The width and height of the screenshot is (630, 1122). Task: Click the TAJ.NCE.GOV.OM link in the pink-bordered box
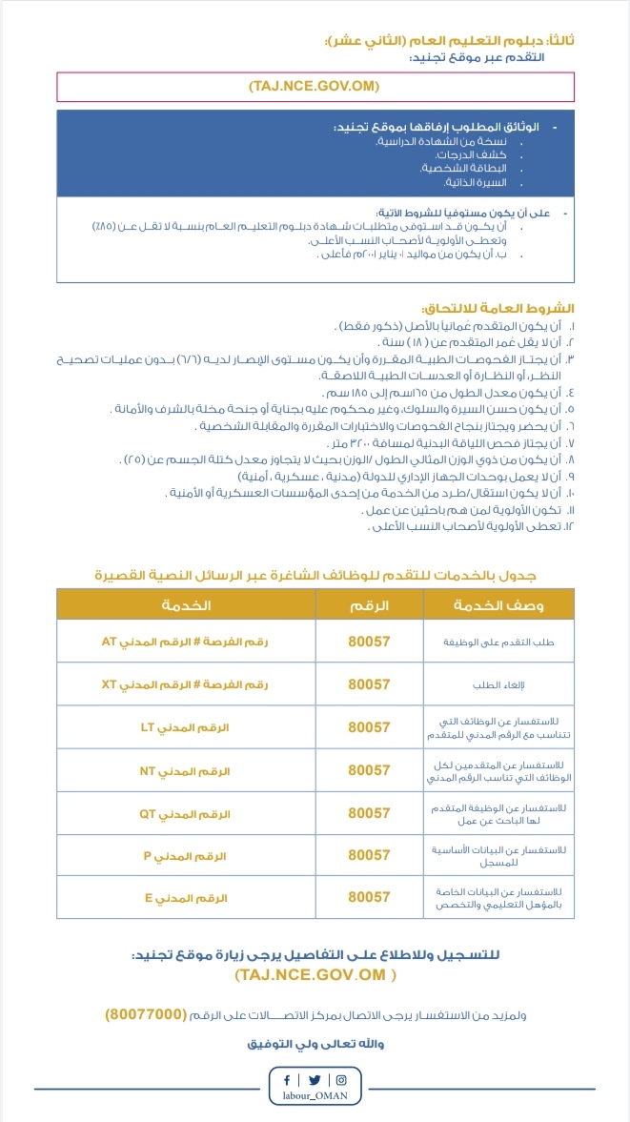click(315, 87)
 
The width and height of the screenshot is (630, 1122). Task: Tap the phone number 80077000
click(146, 1014)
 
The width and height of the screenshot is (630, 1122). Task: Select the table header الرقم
click(369, 605)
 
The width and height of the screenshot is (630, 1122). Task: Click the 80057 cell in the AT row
click(369, 642)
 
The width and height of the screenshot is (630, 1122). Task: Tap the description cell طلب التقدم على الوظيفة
click(513, 643)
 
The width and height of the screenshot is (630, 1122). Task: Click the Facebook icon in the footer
click(287, 1080)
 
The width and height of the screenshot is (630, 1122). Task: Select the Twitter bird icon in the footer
click(315, 1080)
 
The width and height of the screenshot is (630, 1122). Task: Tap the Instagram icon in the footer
click(341, 1080)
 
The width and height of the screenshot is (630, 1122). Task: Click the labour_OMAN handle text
click(315, 1096)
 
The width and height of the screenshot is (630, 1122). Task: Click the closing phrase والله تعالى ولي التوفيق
click(315, 1043)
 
